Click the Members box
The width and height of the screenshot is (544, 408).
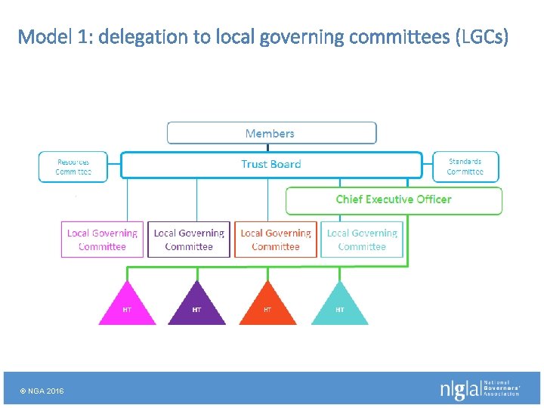[270, 134]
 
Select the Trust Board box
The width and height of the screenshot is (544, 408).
[270, 165]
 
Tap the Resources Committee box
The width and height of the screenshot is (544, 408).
[73, 167]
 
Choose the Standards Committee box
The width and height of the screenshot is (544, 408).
[465, 167]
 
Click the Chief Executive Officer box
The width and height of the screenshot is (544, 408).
[393, 200]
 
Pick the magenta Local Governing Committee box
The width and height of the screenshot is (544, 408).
[102, 240]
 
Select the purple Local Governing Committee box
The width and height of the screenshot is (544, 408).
[189, 240]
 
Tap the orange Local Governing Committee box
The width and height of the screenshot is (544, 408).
[276, 240]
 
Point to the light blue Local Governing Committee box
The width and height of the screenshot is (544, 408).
[362, 240]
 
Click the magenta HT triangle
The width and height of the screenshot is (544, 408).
[127, 307]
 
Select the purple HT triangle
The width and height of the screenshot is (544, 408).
[196, 307]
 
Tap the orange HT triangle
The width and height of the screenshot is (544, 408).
[267, 307]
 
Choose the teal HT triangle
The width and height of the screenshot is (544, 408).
[339, 307]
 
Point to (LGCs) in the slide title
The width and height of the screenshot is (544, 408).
[483, 36]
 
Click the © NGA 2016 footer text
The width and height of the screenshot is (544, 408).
[42, 391]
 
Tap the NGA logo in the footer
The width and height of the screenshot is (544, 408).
[480, 389]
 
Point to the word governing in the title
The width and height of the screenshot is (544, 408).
[295, 36]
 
